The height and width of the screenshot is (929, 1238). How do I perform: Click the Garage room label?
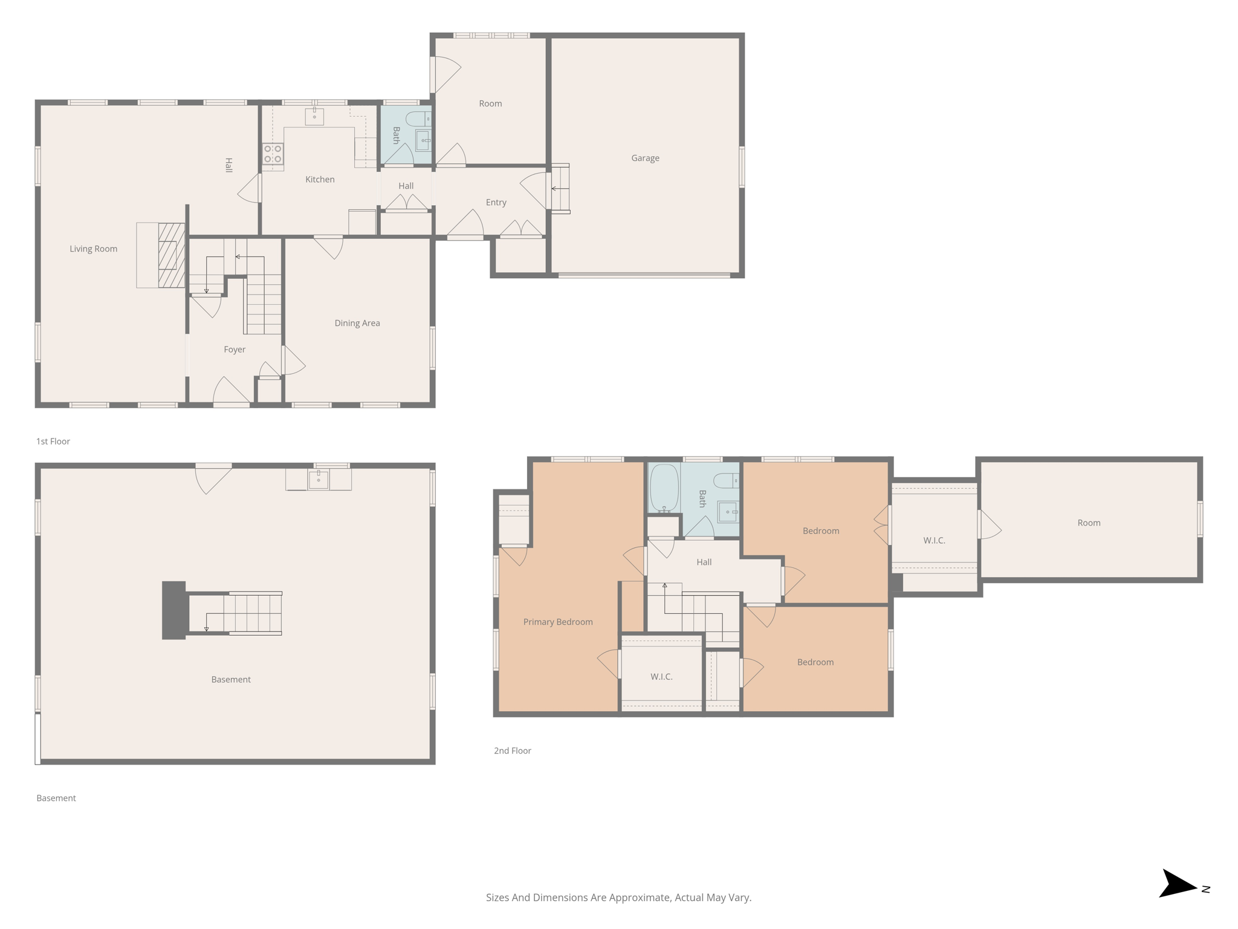coord(645,158)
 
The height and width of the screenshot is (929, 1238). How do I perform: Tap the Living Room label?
coord(93,249)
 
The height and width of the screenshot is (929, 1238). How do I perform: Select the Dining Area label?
coord(357,323)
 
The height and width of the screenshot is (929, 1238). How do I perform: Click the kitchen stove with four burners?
coord(273,154)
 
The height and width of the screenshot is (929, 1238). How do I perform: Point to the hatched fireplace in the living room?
coord(172,255)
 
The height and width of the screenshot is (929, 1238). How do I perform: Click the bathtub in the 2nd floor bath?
coord(664,487)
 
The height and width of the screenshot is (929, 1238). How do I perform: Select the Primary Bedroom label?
coord(557,622)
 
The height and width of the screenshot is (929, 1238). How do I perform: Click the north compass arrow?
coord(1178,885)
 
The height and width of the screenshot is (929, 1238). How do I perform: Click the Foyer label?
coord(235,350)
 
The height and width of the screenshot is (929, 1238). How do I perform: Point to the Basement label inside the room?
coord(231,679)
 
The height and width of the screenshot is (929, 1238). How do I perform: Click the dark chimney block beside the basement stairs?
coord(174,610)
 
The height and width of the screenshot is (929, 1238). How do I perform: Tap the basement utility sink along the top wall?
coord(319,479)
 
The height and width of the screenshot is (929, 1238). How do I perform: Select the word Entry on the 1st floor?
coord(496,202)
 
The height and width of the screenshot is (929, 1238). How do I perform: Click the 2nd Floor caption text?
coord(512,751)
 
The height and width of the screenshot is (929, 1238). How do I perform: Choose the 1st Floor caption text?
coord(53,442)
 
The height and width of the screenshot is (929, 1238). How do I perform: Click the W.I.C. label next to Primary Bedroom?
coord(661,677)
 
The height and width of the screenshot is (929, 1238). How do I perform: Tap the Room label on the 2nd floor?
coord(1089,523)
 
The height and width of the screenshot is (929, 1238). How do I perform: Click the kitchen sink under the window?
coord(314,116)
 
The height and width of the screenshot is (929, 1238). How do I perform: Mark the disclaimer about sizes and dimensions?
coord(618,898)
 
